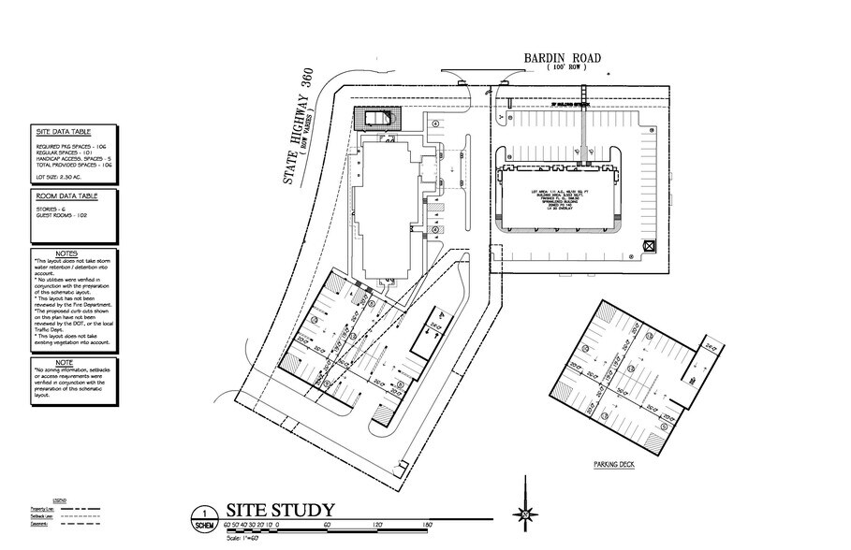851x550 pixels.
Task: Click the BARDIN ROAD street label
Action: tap(563, 58)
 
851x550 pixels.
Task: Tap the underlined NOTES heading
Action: tap(67, 253)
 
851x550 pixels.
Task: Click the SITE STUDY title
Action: tap(280, 510)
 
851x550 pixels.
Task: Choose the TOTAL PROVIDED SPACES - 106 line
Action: tap(75, 164)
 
